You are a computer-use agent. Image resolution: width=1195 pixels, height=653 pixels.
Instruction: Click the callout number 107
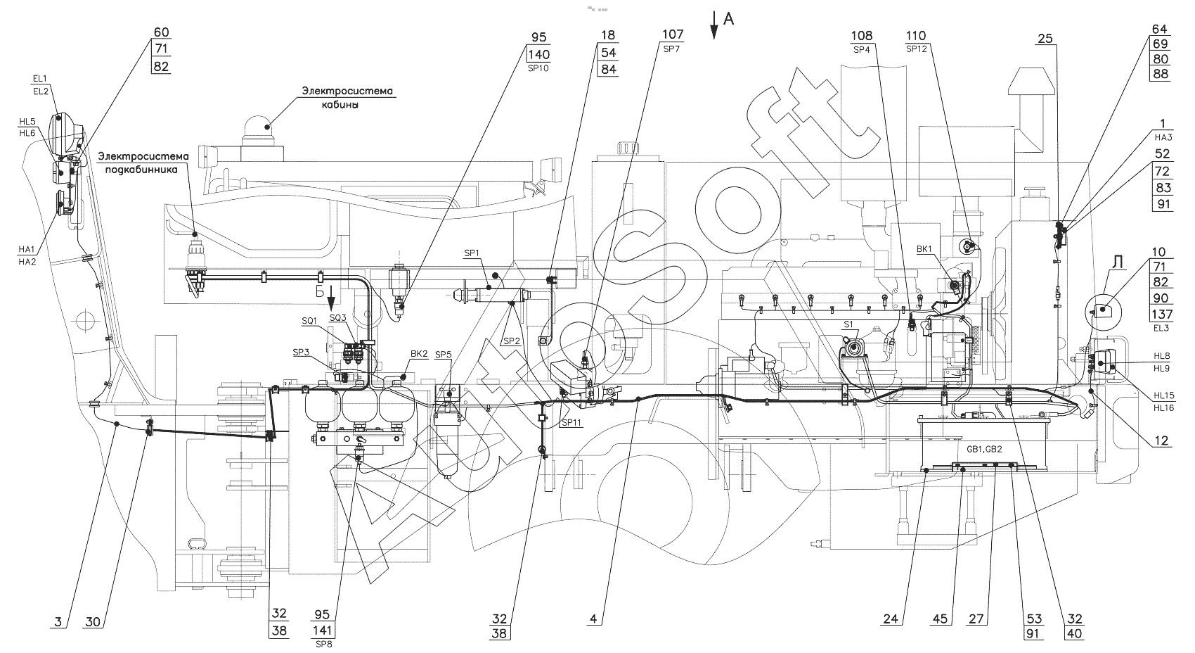tap(673, 34)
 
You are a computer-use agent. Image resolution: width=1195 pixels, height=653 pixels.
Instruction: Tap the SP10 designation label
tap(539, 68)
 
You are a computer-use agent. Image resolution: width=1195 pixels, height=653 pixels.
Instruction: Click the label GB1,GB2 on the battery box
tap(982, 448)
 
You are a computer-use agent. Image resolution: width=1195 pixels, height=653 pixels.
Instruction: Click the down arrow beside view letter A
tap(713, 23)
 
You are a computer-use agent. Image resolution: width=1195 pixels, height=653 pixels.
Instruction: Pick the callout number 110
tap(916, 36)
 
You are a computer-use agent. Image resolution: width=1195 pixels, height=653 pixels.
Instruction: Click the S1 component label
tap(848, 325)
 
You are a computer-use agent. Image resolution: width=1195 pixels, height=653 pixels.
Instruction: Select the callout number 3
tap(59, 621)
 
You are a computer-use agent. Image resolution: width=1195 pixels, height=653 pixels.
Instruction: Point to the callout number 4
tap(594, 619)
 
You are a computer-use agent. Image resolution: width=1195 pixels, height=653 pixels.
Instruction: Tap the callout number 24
tap(891, 620)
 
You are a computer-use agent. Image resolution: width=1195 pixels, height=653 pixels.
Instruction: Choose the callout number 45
tap(941, 620)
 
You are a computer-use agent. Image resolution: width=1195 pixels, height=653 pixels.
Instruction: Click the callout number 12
tap(1161, 441)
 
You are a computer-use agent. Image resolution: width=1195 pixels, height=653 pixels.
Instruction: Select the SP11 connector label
tap(570, 424)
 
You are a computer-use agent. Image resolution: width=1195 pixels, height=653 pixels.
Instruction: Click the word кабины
tap(344, 106)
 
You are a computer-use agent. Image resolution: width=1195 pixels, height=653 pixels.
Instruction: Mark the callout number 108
tap(862, 36)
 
